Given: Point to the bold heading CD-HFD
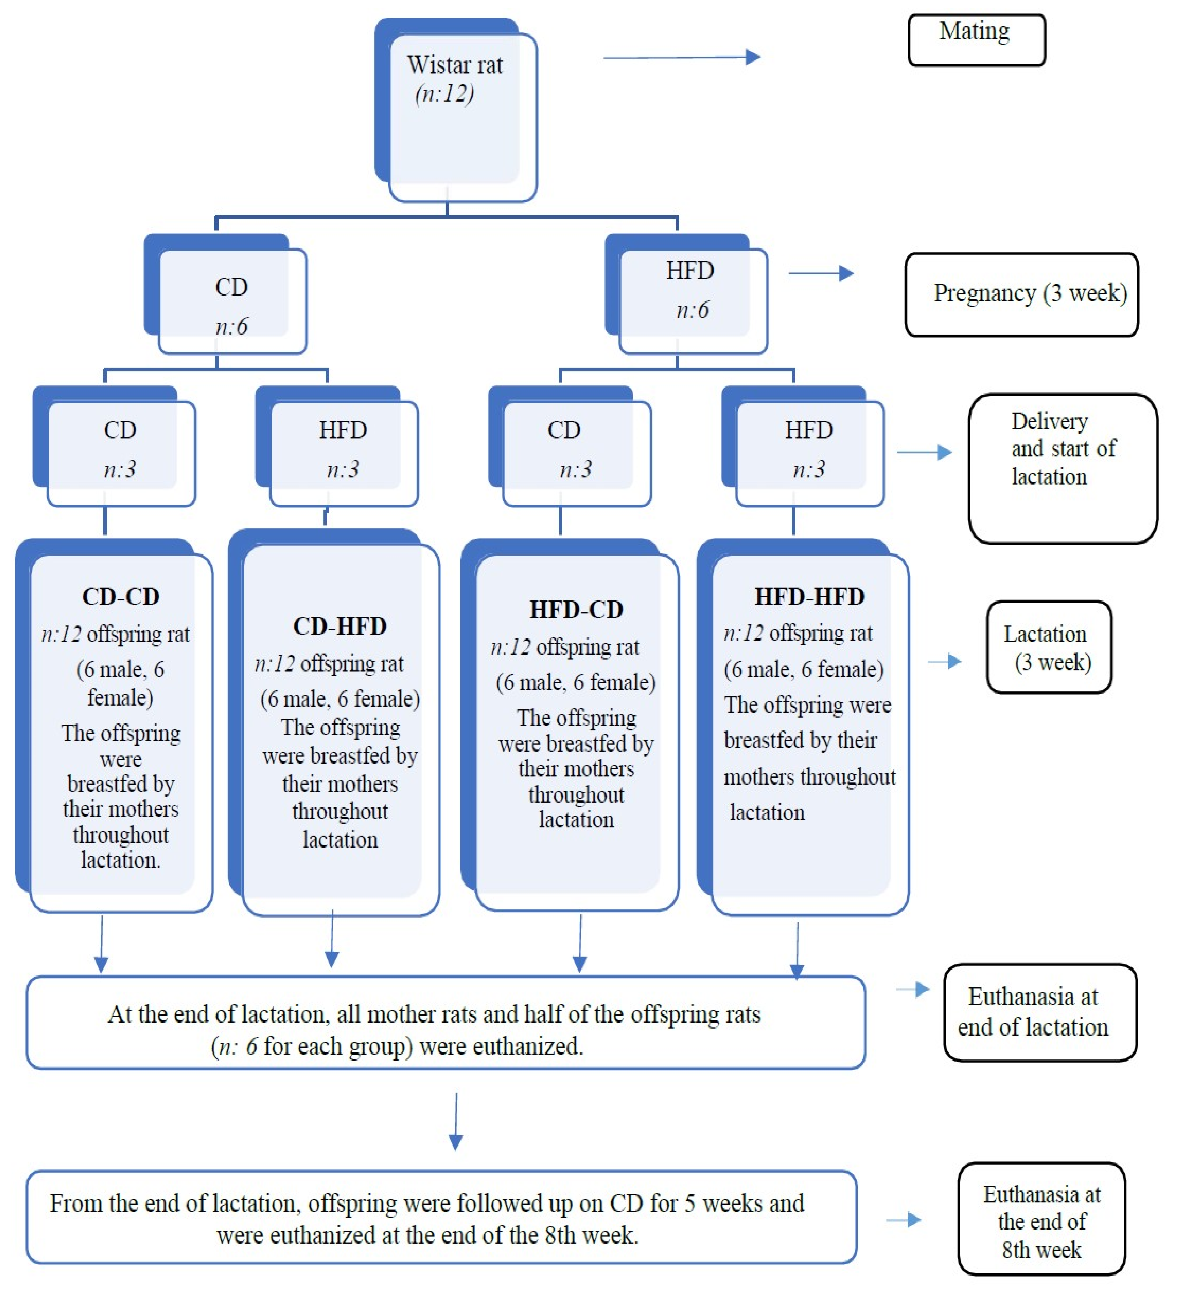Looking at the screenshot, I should click(x=340, y=626).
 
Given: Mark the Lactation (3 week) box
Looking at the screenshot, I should click(x=1049, y=648).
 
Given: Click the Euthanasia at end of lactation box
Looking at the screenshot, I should click(x=1040, y=1012).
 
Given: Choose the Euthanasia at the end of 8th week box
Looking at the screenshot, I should click(x=1042, y=1222).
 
